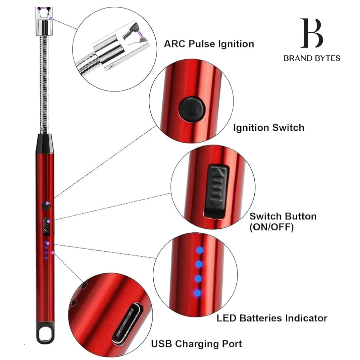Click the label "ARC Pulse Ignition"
click(209, 44)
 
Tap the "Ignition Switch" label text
click(268, 127)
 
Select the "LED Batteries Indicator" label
click(272, 318)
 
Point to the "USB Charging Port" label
click(197, 343)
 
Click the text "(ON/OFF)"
click(271, 228)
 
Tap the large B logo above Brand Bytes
click(311, 34)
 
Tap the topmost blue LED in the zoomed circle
click(199, 250)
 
